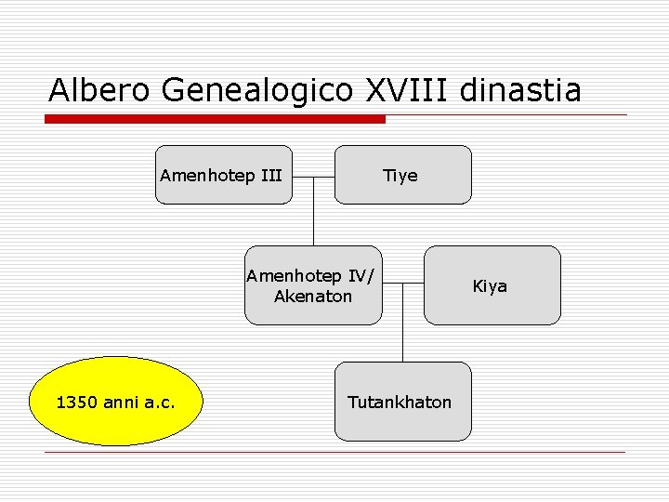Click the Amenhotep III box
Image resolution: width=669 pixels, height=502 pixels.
[x=223, y=175]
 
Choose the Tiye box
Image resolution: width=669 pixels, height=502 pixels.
[x=402, y=175]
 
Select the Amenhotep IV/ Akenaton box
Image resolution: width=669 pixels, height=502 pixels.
[x=313, y=285]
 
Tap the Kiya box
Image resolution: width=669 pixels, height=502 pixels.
[x=492, y=285]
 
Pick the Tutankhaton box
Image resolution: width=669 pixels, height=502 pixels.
[x=402, y=402]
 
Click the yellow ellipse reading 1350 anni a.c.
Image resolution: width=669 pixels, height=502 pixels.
[x=116, y=402]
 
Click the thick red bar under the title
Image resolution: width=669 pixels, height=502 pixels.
[x=216, y=119]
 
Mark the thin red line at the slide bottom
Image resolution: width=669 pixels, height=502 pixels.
[x=334, y=453]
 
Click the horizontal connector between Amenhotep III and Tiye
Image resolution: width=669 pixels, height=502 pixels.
[x=313, y=176]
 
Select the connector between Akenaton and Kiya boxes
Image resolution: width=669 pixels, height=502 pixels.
[x=403, y=284]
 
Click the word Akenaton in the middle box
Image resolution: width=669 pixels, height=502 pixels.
[x=313, y=297]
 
